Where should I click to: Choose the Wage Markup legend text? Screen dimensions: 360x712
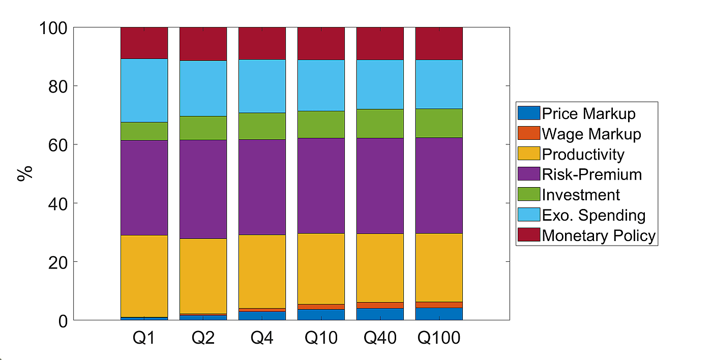pos(591,134)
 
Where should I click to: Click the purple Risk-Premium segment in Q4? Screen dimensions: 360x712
pos(262,187)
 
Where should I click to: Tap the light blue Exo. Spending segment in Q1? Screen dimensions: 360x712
pos(144,91)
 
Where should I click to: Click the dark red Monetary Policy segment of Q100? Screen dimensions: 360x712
pos(439,43)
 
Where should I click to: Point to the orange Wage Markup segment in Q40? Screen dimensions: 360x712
pos(380,306)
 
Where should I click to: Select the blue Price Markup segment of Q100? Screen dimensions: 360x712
pos(439,314)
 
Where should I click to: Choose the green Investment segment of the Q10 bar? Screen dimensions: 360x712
pos(321,125)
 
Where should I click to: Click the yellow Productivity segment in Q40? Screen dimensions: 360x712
pos(380,268)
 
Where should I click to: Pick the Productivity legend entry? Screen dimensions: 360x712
pos(583,154)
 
